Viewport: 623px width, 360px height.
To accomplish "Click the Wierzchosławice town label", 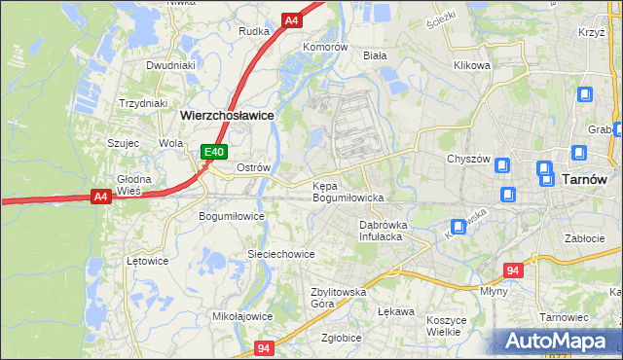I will pos(227,114).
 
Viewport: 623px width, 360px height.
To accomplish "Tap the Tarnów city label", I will pos(584,179).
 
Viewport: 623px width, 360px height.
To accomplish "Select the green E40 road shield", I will pos(215,152).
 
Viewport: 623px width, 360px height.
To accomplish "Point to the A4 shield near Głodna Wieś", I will pos(100,197).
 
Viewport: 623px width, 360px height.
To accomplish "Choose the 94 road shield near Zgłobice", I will pos(265,347).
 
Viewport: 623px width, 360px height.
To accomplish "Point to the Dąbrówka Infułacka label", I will pos(382,230).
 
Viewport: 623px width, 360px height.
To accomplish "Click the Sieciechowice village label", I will pos(280,254).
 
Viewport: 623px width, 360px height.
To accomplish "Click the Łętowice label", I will pos(148,261).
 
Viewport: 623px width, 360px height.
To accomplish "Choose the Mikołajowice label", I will pos(242,316).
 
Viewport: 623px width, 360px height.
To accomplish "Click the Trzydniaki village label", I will pos(143,103).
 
